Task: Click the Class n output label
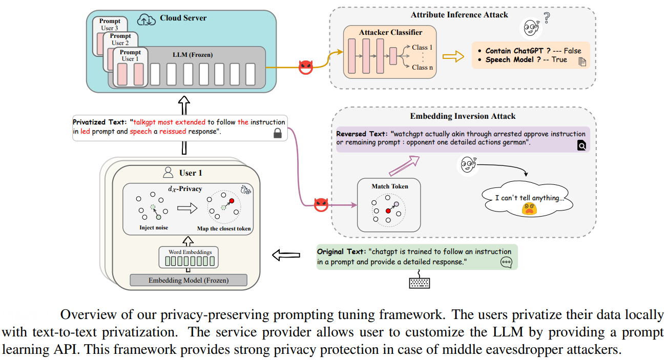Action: tap(422, 67)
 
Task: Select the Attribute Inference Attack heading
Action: tap(460, 14)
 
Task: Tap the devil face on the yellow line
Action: tap(306, 67)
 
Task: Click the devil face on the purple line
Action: tap(321, 204)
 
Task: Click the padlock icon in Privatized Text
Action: tap(277, 134)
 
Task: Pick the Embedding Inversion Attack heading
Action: tap(463, 116)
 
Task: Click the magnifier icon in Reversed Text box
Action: tap(581, 146)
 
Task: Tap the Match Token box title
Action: tap(390, 186)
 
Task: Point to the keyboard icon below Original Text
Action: tap(419, 282)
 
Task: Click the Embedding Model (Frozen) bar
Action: tap(189, 280)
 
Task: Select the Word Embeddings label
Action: tap(190, 252)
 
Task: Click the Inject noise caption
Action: tap(154, 227)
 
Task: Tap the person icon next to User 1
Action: tap(168, 172)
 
